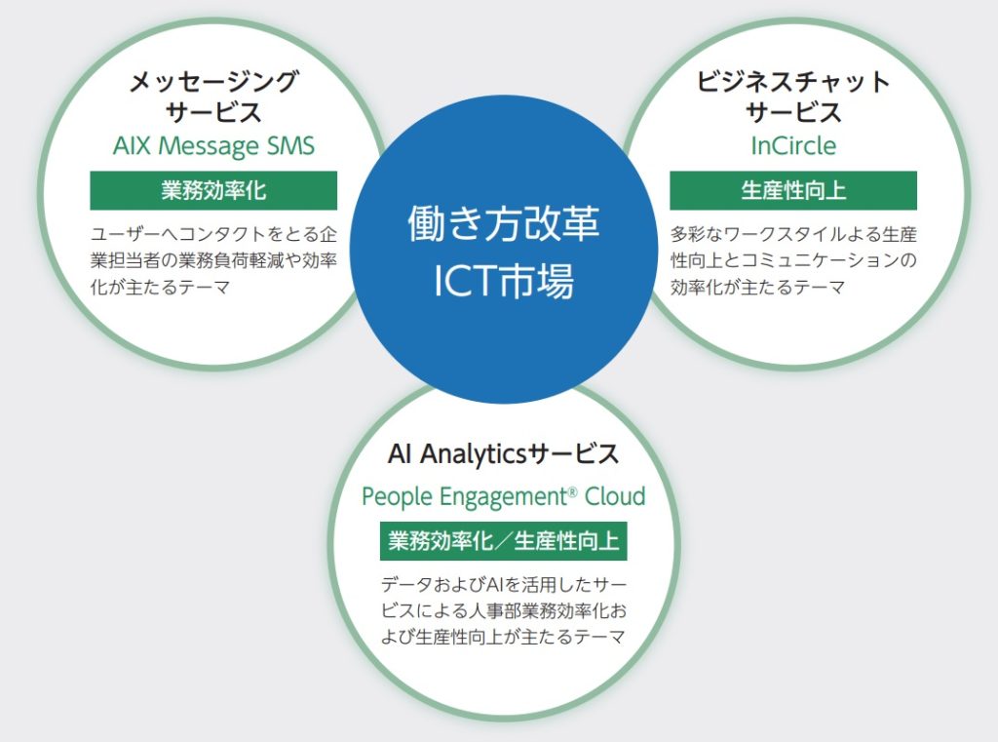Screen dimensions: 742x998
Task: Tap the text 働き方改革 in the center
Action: (503, 224)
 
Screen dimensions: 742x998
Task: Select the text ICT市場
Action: (503, 280)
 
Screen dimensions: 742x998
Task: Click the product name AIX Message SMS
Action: (213, 146)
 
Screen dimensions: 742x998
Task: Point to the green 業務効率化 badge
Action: (213, 190)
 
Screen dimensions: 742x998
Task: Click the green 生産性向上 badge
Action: (792, 190)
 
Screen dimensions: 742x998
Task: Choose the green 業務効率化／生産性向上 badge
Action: (503, 540)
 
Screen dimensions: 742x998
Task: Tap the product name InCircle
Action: (792, 146)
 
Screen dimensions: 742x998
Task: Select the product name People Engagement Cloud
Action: (503, 496)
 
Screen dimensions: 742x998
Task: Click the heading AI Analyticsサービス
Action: (503, 453)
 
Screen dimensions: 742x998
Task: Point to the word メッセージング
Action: (213, 81)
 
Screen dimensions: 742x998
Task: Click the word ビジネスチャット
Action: (792, 81)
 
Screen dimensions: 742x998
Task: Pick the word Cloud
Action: (614, 496)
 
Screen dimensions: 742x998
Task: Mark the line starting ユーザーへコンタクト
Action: (213, 235)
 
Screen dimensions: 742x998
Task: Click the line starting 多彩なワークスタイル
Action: (792, 235)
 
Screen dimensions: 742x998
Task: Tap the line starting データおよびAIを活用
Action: (503, 585)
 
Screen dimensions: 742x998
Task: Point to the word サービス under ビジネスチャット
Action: (792, 112)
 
